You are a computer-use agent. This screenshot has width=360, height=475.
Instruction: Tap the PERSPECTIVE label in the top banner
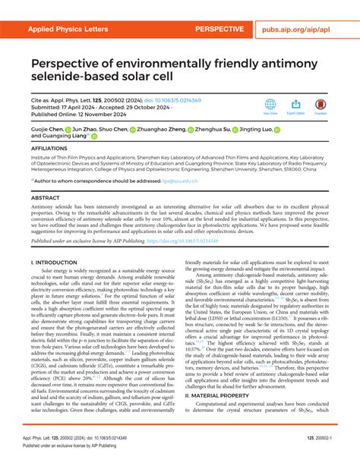pos(219,30)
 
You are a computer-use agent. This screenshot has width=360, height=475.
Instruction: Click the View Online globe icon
pos(270,105)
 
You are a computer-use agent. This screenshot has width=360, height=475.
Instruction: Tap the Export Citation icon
pos(295,105)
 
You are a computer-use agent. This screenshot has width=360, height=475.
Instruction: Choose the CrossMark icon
pos(321,105)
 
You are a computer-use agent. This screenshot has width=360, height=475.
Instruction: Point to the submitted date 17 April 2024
pos(80,107)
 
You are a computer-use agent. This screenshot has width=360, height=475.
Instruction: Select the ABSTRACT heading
pos(45,197)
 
